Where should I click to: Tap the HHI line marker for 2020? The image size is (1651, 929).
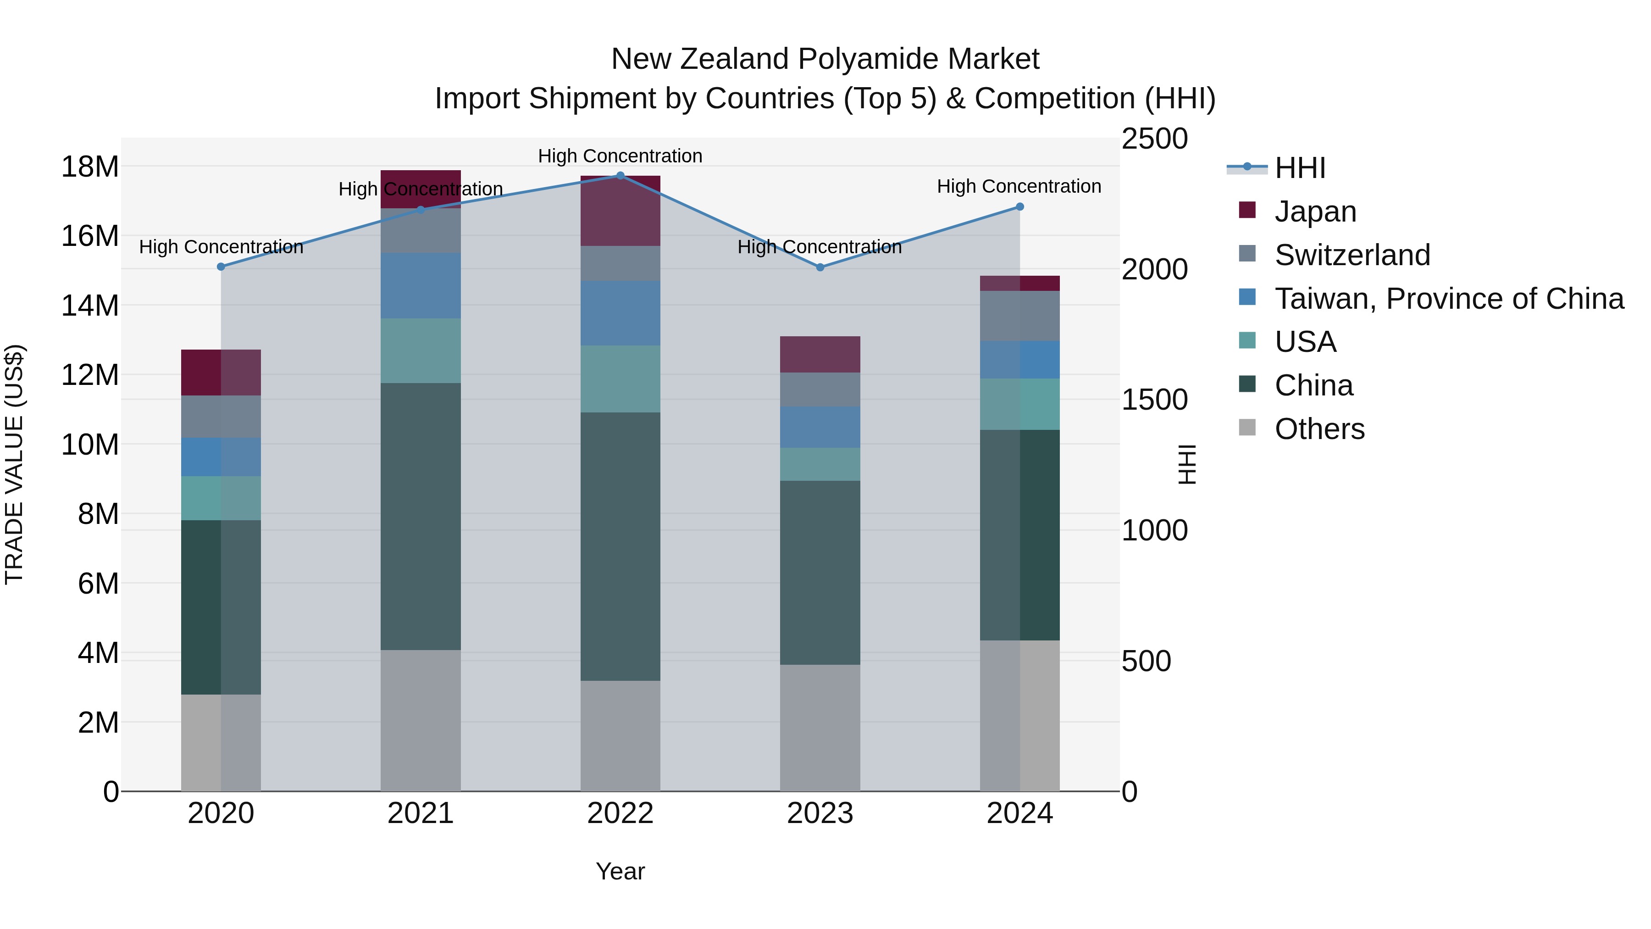[221, 267]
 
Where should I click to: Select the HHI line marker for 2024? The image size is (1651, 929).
[1019, 207]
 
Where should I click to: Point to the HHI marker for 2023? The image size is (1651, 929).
[820, 267]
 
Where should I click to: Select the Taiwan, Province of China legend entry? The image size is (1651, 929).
[1448, 299]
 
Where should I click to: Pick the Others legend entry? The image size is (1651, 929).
[1319, 429]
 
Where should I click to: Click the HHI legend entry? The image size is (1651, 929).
[1299, 168]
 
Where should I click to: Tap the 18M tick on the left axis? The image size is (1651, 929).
[90, 167]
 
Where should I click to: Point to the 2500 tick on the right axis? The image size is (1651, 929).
[1154, 139]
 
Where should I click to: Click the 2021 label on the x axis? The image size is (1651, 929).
[421, 813]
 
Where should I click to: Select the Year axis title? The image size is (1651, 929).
[620, 871]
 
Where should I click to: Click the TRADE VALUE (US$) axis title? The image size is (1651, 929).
[15, 464]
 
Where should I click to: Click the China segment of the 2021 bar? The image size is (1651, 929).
[421, 516]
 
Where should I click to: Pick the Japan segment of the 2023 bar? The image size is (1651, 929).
[820, 355]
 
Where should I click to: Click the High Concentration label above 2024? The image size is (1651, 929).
[1019, 187]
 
